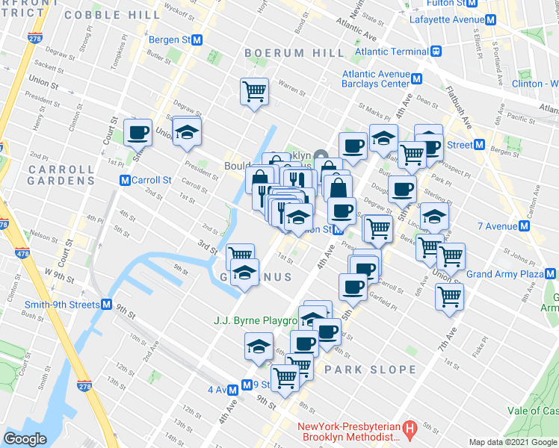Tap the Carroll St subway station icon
[126, 180]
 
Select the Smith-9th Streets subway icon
[107, 305]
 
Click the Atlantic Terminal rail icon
[435, 52]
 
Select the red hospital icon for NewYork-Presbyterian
[409, 429]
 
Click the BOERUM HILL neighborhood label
[294, 52]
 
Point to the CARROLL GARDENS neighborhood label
[52, 175]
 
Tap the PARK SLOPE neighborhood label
[370, 370]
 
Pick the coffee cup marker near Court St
[138, 132]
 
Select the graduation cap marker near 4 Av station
[259, 346]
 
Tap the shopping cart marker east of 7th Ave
[450, 296]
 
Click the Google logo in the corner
[25, 438]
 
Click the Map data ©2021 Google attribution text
[511, 442]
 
